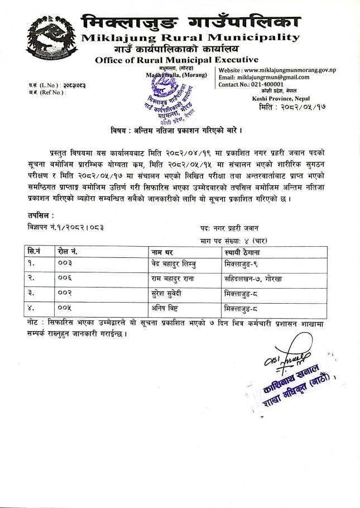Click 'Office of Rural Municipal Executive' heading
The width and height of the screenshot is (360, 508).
176,60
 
